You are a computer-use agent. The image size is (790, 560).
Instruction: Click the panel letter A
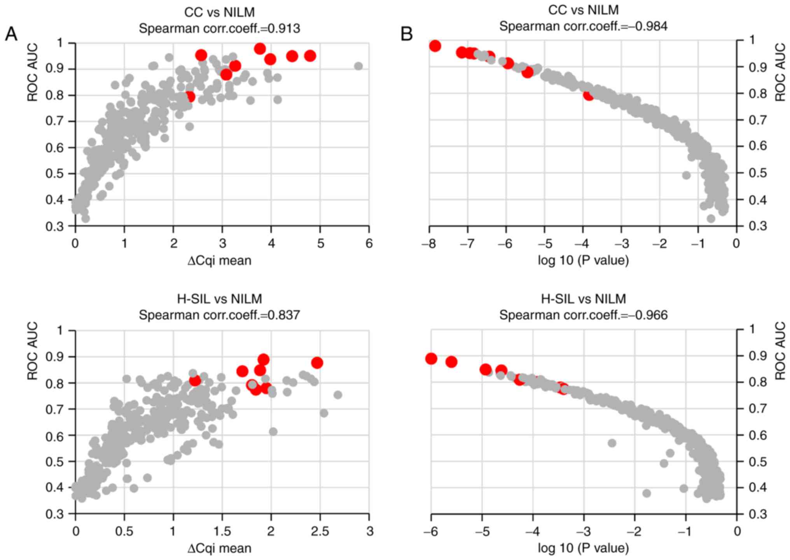coord(11,34)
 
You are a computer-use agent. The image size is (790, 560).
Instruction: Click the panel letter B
coord(406,34)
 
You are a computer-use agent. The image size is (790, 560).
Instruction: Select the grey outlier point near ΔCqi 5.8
coord(358,66)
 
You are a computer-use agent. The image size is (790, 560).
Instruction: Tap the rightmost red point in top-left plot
coord(310,56)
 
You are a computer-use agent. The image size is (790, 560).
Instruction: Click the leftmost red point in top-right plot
coord(435,46)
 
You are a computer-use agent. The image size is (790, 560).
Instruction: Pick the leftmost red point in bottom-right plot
coord(431,358)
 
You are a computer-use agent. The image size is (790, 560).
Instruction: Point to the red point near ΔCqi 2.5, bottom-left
coord(317,363)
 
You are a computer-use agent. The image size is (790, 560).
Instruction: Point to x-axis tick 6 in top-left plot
coord(369,243)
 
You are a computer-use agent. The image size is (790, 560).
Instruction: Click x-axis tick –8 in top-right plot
coord(429,243)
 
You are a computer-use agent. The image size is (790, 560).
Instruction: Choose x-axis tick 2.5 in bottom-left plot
coord(320,531)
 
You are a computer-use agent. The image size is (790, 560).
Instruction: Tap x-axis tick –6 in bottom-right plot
coord(430,531)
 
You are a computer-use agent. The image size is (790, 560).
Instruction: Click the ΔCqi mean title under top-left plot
coord(219,260)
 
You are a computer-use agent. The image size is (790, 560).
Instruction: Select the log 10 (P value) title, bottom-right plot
coord(583,548)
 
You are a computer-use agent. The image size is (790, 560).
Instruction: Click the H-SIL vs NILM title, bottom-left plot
coord(219,299)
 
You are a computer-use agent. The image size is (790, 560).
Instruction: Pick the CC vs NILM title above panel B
coord(583,10)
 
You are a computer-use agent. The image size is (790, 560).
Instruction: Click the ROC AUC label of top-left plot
coord(33,72)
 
